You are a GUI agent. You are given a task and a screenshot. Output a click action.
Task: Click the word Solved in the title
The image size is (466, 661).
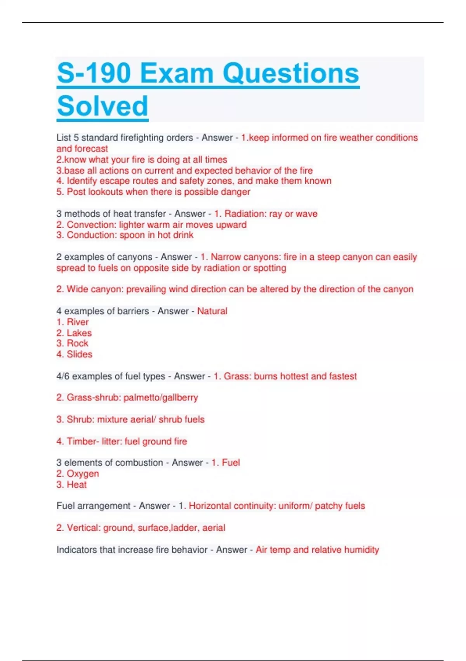pyautogui.click(x=103, y=106)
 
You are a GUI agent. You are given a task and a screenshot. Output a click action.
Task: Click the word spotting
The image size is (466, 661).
pyautogui.click(x=270, y=268)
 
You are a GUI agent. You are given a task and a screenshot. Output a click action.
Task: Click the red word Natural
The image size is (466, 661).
pyautogui.click(x=212, y=311)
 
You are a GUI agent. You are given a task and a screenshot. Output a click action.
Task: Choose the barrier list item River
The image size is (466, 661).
pyautogui.click(x=78, y=322)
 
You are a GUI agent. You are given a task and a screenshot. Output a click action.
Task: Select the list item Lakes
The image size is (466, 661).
pyautogui.click(x=79, y=333)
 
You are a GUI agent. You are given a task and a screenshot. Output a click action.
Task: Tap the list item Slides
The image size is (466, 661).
pyautogui.click(x=80, y=354)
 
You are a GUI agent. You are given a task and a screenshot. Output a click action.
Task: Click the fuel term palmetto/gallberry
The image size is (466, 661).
pyautogui.click(x=161, y=397)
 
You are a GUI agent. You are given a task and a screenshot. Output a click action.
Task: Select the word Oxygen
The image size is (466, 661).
pyautogui.click(x=83, y=474)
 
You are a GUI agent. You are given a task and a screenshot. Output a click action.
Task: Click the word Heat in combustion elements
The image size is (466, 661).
pyautogui.click(x=77, y=484)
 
